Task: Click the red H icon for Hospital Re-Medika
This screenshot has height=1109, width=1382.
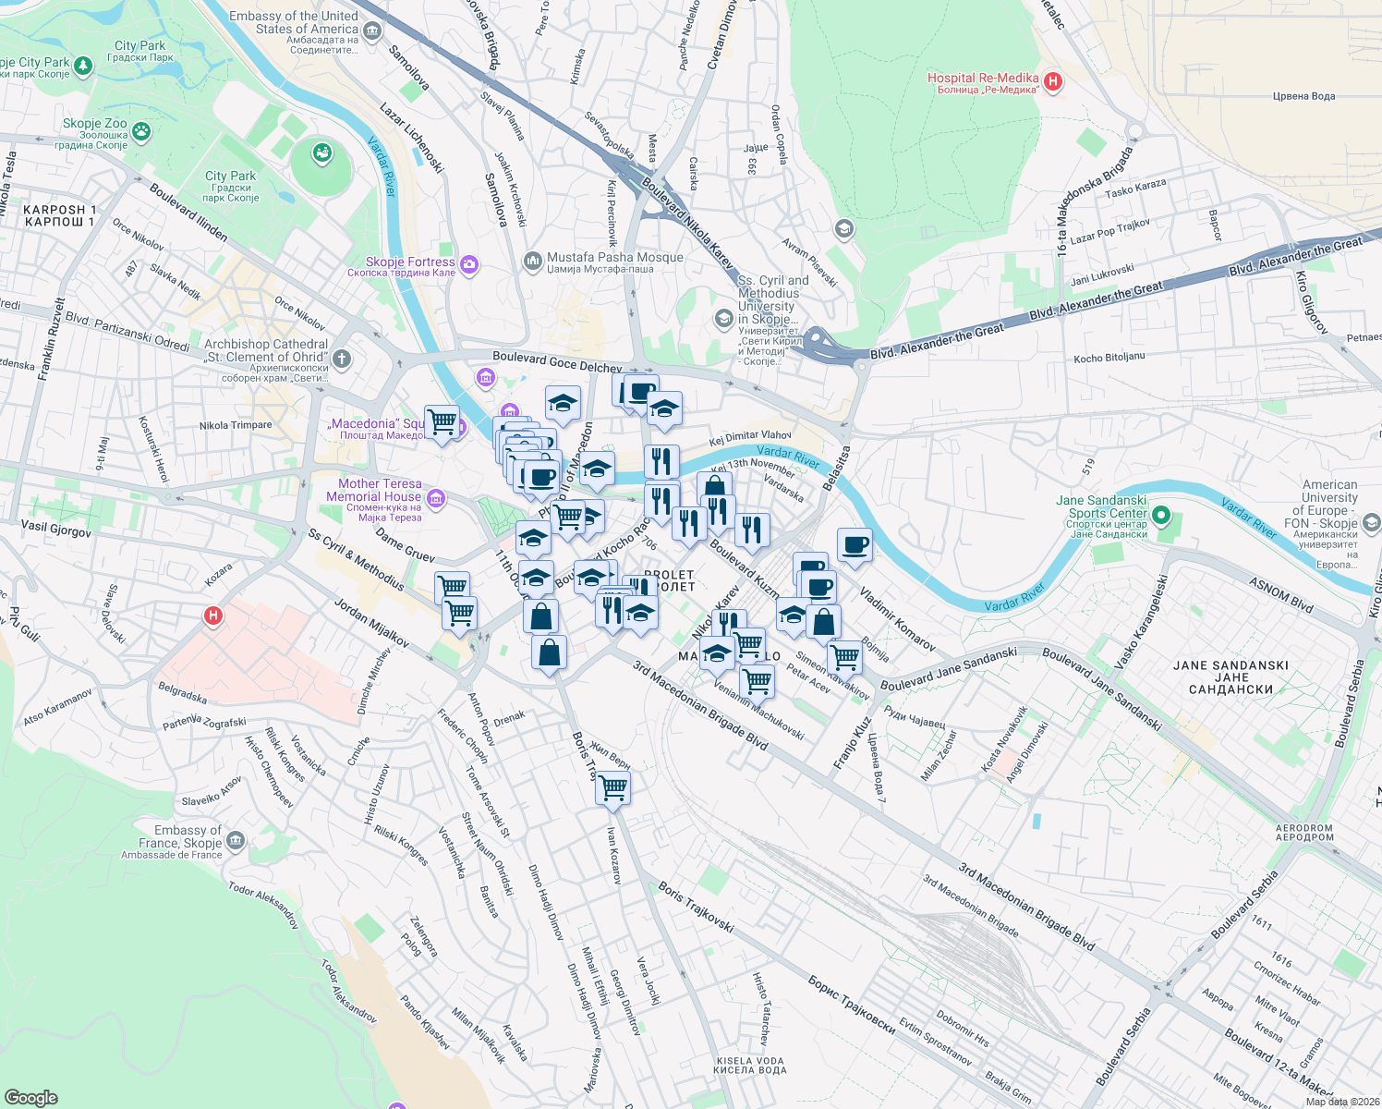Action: coord(1052,82)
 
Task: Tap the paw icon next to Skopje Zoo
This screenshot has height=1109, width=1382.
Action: coord(140,131)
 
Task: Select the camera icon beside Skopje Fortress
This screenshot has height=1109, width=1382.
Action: coord(469,265)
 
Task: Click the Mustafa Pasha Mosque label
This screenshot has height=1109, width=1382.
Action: coord(614,258)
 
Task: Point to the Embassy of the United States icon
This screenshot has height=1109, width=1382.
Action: coord(372,32)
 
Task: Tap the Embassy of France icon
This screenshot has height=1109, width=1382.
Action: coord(236,840)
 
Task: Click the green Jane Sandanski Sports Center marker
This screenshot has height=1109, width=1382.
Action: coord(1162,515)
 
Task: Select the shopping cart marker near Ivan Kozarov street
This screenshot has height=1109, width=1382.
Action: coord(612,788)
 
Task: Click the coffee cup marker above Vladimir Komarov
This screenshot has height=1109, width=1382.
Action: coord(855,544)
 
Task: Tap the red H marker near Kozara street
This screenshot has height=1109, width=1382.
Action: coord(213,615)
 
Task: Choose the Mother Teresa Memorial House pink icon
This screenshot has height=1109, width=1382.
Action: coord(436,499)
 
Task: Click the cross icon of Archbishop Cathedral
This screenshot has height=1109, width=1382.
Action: coord(342,359)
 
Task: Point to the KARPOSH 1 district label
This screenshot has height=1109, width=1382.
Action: coord(60,215)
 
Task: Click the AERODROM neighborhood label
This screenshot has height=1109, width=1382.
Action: coord(1303,833)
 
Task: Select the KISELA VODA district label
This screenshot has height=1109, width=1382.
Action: coord(749,1066)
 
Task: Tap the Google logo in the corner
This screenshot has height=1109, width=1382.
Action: coord(30,1097)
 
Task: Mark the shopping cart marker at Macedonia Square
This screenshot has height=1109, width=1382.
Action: coord(442,422)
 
